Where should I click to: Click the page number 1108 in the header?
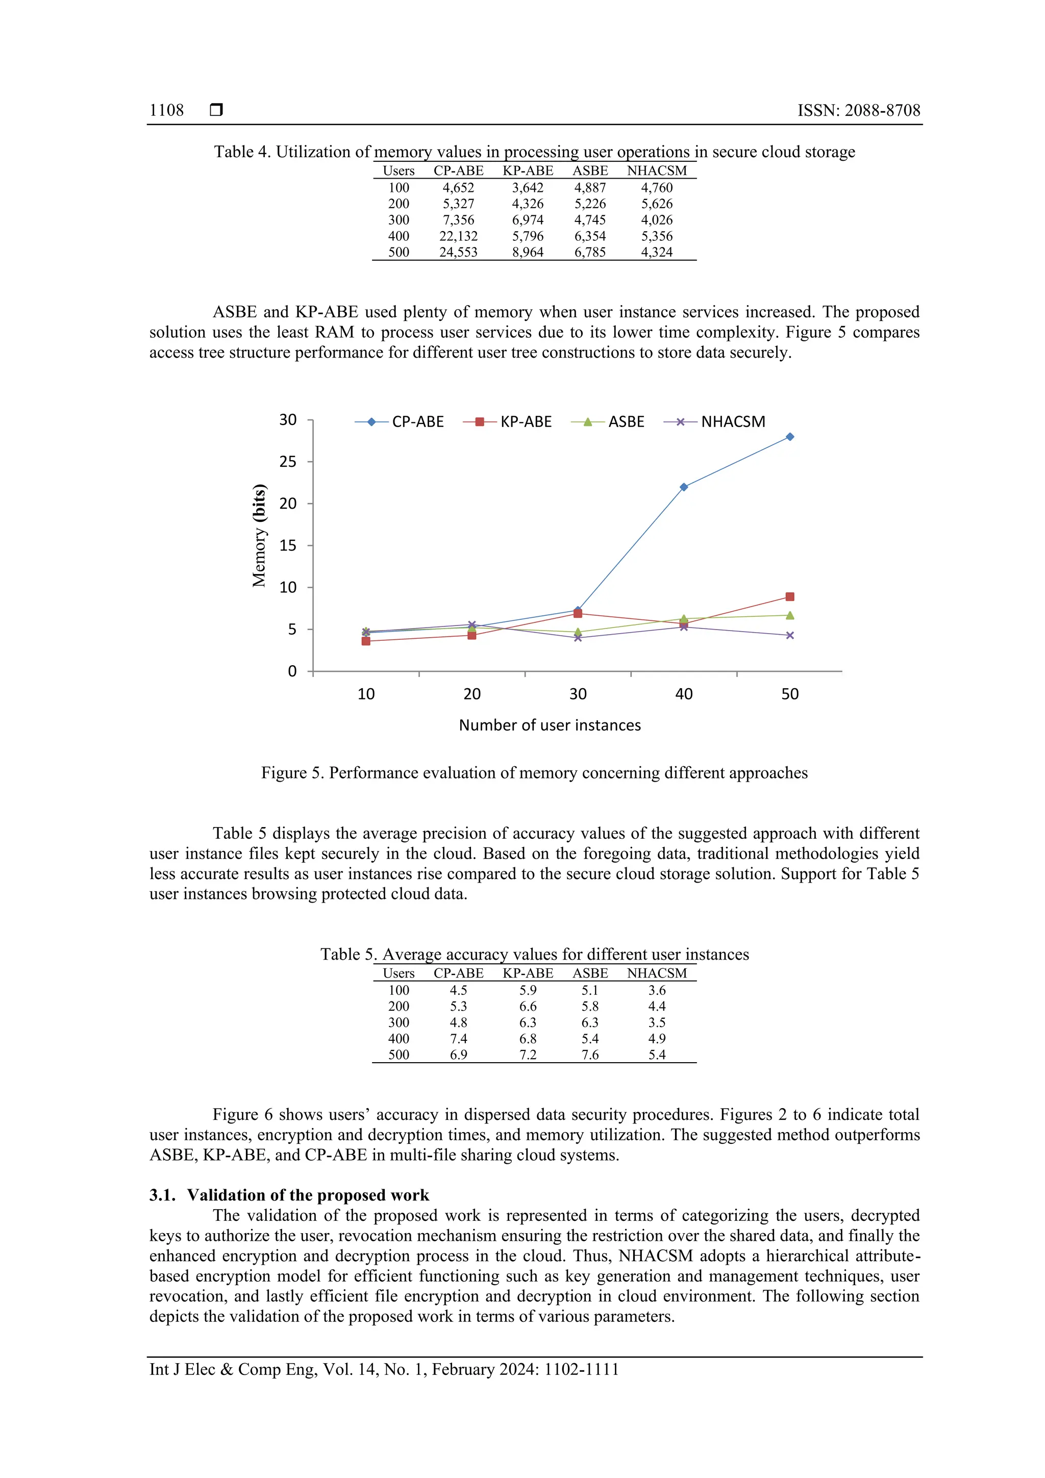tap(166, 110)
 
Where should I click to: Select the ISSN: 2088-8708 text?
tap(858, 110)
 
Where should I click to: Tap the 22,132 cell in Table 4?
tap(458, 236)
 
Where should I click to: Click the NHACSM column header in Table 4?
tap(656, 170)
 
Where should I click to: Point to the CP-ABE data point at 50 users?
tap(789, 437)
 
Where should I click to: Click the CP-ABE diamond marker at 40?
tap(683, 487)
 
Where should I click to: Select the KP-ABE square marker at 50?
tap(789, 597)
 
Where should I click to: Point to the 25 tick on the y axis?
tap(288, 462)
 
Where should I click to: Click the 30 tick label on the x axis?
tap(578, 694)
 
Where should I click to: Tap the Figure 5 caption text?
tap(534, 772)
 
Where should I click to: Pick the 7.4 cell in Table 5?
tap(458, 1038)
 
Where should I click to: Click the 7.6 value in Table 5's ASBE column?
tap(590, 1055)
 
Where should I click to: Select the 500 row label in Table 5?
tap(399, 1055)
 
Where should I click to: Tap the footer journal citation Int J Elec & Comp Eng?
tap(384, 1369)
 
